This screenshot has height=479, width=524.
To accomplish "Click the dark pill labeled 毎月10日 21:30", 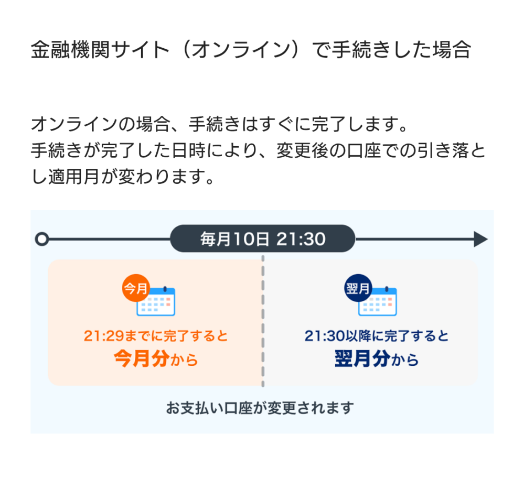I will coord(262,239).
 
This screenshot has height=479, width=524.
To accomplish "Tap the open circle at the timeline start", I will coord(41,239).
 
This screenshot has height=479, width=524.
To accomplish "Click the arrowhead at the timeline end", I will coord(480,239).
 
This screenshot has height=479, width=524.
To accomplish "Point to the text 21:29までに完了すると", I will coord(156,336).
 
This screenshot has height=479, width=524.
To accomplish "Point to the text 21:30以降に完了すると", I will coord(377,336).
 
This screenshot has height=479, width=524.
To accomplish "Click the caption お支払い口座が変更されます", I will coord(260,408).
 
